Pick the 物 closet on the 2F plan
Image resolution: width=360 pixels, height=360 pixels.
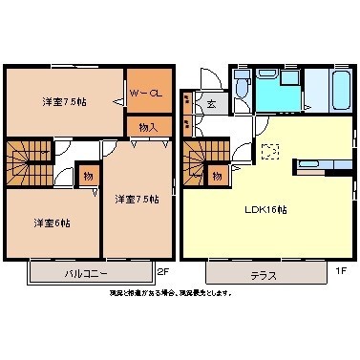click(x=86, y=176)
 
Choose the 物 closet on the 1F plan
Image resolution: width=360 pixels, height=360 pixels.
click(x=218, y=175)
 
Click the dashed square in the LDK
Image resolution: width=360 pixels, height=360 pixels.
click(x=269, y=149)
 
